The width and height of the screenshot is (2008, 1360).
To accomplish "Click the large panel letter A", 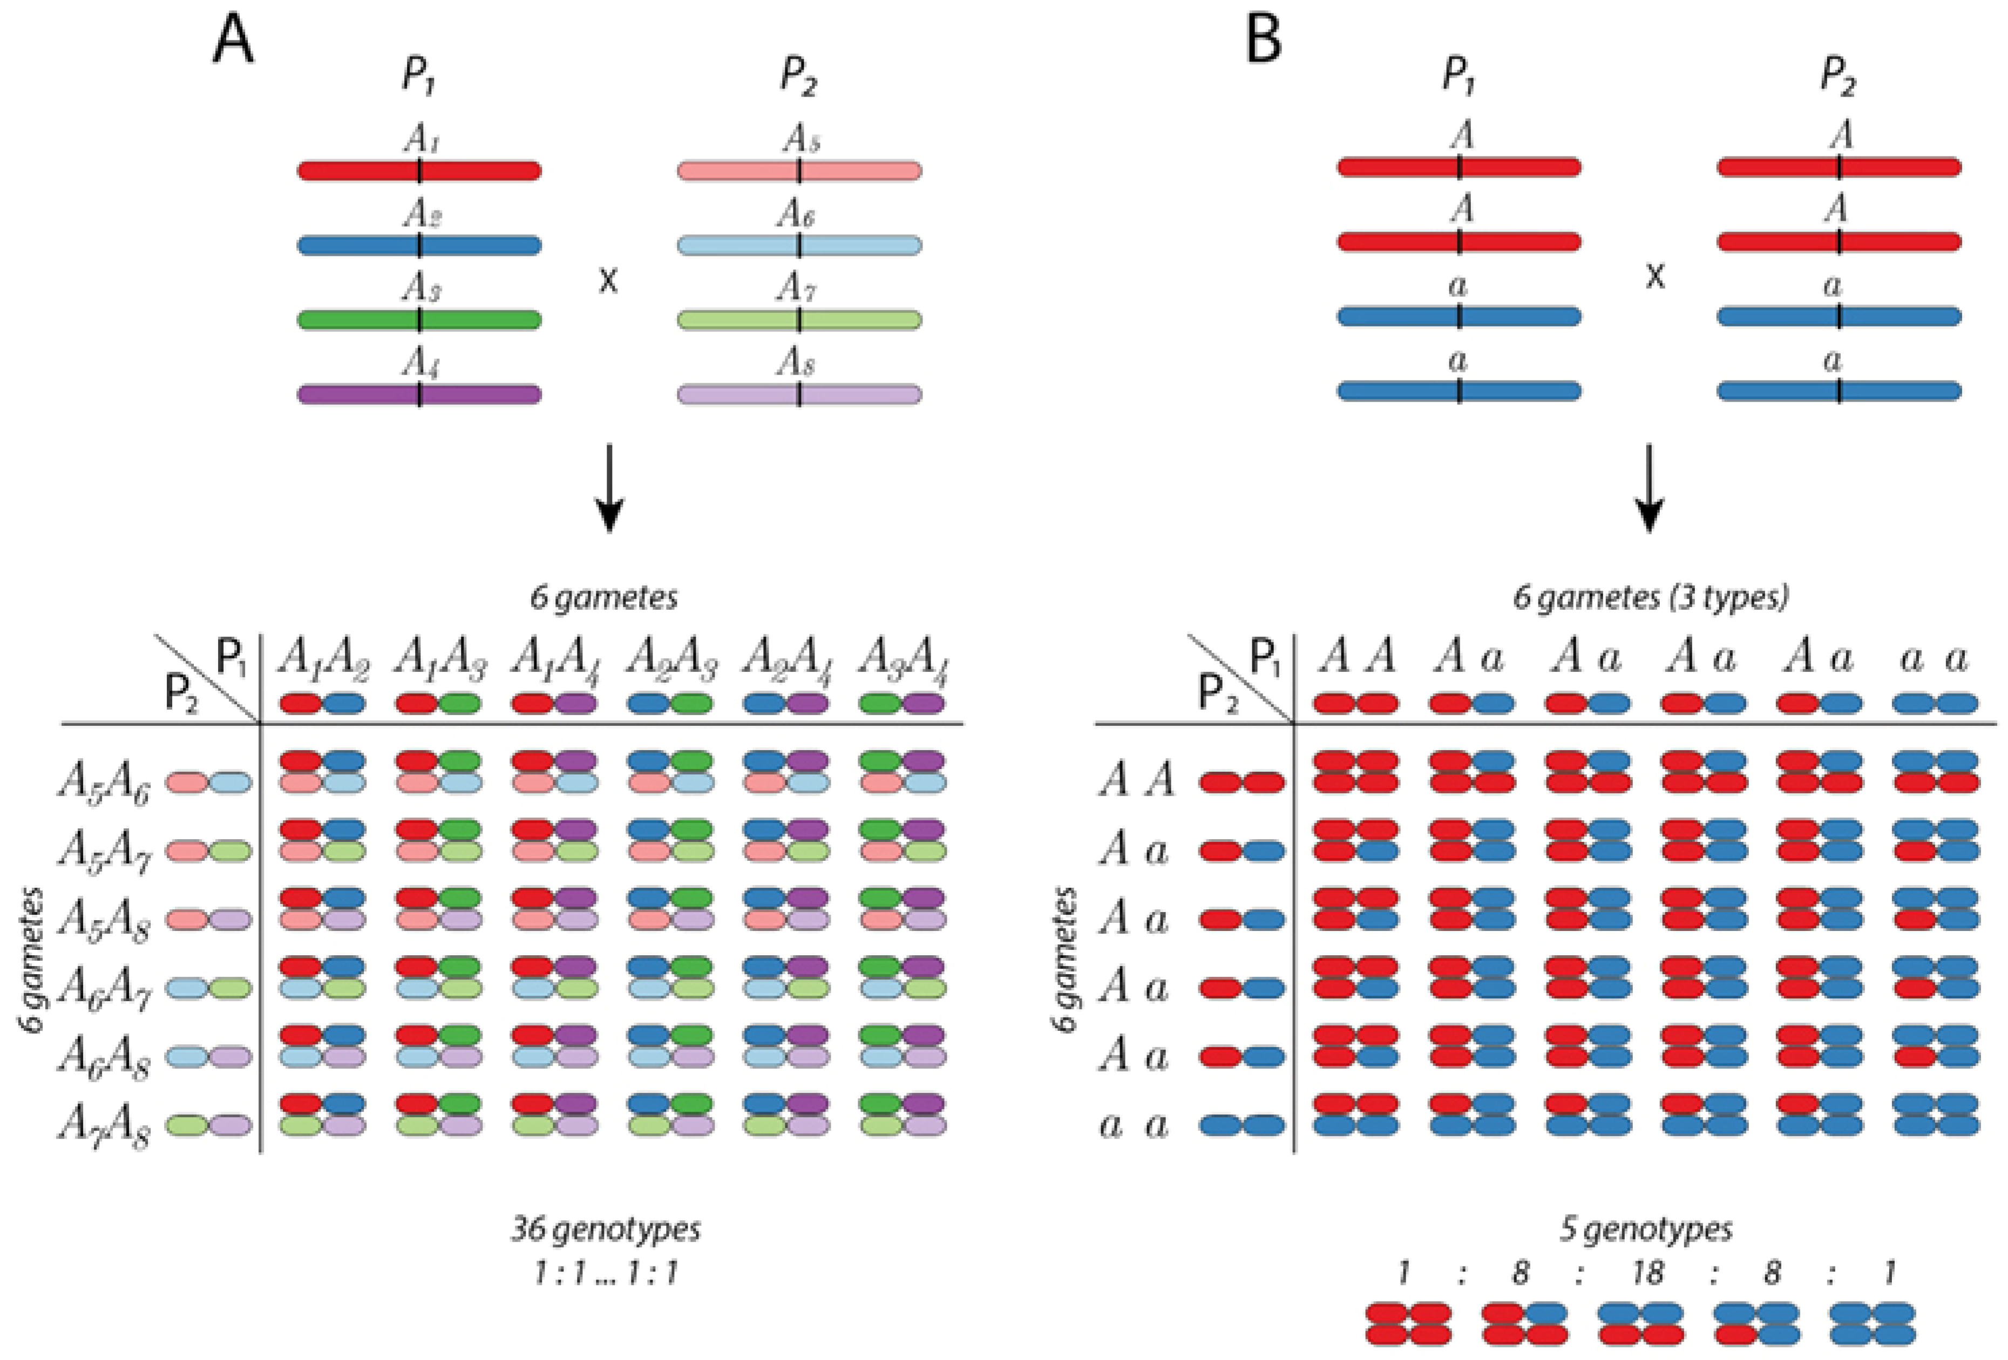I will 233,40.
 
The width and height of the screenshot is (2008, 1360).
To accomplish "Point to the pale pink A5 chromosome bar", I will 799,170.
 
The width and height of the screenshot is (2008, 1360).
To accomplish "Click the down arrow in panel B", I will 1650,488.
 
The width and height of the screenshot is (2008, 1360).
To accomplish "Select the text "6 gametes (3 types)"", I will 1650,597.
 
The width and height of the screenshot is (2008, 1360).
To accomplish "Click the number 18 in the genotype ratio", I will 1648,1273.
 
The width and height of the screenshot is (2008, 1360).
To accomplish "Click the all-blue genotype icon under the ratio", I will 1873,1324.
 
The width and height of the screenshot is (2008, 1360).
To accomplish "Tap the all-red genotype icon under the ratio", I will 1409,1324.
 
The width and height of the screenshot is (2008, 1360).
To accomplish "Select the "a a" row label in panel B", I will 1134,1126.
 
